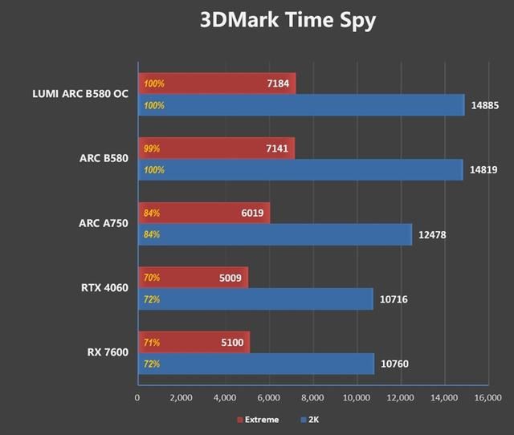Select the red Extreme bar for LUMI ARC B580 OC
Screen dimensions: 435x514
(217, 83)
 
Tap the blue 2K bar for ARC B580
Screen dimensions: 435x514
(300, 169)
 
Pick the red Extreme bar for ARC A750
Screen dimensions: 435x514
(204, 213)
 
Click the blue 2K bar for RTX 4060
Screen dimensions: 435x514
(255, 299)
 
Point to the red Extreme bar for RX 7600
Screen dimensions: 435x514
(194, 343)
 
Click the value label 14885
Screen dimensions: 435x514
(484, 105)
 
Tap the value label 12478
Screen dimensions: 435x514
(432, 235)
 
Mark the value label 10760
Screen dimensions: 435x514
(395, 364)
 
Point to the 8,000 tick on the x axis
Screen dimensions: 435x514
(312, 397)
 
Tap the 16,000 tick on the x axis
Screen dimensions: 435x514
(487, 397)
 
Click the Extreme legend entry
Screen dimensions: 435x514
(258, 419)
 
